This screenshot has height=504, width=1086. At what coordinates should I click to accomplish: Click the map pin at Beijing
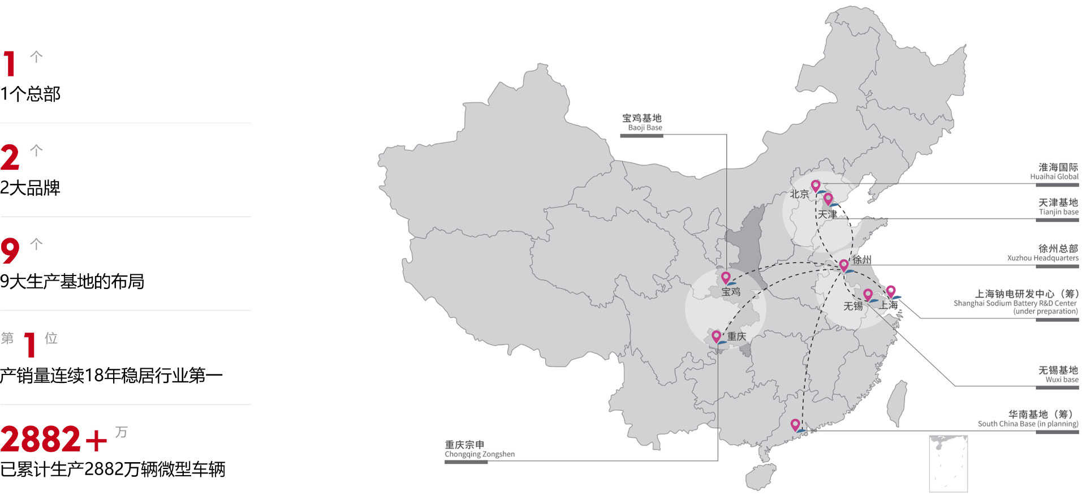click(815, 186)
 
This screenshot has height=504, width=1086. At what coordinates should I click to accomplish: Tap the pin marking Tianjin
click(828, 199)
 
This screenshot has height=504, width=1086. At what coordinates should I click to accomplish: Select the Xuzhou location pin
click(843, 265)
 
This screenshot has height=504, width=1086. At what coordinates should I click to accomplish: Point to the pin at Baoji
click(726, 277)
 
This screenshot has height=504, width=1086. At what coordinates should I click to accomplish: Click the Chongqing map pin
click(716, 336)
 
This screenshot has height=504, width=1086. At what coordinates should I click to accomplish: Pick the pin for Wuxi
click(868, 294)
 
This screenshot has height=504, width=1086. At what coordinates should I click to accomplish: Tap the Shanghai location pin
click(890, 291)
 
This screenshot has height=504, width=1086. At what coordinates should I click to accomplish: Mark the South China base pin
click(795, 424)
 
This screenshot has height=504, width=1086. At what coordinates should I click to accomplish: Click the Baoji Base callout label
click(642, 122)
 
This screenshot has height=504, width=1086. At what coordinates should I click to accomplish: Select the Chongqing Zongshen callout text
click(479, 449)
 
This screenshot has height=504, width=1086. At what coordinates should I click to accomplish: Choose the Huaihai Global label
click(1054, 171)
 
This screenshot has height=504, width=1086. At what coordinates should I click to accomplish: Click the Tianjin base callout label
click(1058, 206)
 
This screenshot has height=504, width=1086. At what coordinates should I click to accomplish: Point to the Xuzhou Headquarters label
click(1043, 253)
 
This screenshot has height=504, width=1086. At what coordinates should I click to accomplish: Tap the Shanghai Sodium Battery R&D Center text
click(1016, 302)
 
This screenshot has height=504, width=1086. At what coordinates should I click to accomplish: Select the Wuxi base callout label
click(1058, 374)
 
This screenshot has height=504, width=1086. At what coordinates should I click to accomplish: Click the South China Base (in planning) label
click(1028, 419)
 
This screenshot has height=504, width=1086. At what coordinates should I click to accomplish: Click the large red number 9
click(10, 251)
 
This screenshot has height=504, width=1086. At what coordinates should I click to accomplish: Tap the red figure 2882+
click(54, 440)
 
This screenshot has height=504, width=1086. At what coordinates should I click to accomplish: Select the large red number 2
click(10, 157)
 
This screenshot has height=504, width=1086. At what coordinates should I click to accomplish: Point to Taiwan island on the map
click(896, 403)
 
